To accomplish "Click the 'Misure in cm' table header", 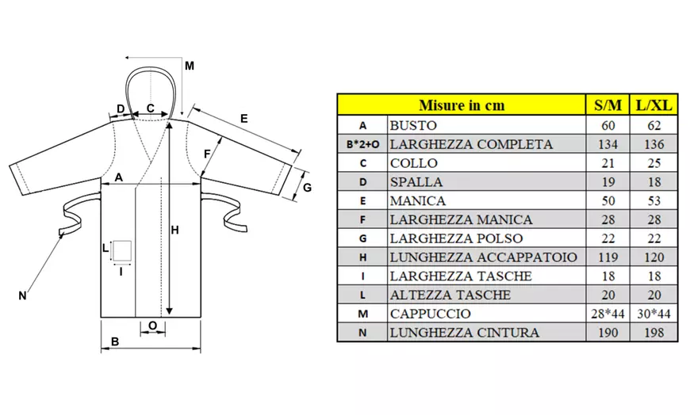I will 461,105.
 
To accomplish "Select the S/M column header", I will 608,105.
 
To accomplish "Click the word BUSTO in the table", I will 414,125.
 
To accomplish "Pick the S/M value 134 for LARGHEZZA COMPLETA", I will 608,144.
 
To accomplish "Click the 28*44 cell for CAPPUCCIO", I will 608,314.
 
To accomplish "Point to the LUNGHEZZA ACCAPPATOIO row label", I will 483,257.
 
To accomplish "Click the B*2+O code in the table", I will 362,145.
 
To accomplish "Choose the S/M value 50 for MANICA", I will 608,201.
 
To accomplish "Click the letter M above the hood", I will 189,66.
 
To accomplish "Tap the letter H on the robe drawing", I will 175,230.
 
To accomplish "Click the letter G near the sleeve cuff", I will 308,188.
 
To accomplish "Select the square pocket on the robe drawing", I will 121,251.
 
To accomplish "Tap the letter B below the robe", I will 115,342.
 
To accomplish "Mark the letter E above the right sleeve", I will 243,118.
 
